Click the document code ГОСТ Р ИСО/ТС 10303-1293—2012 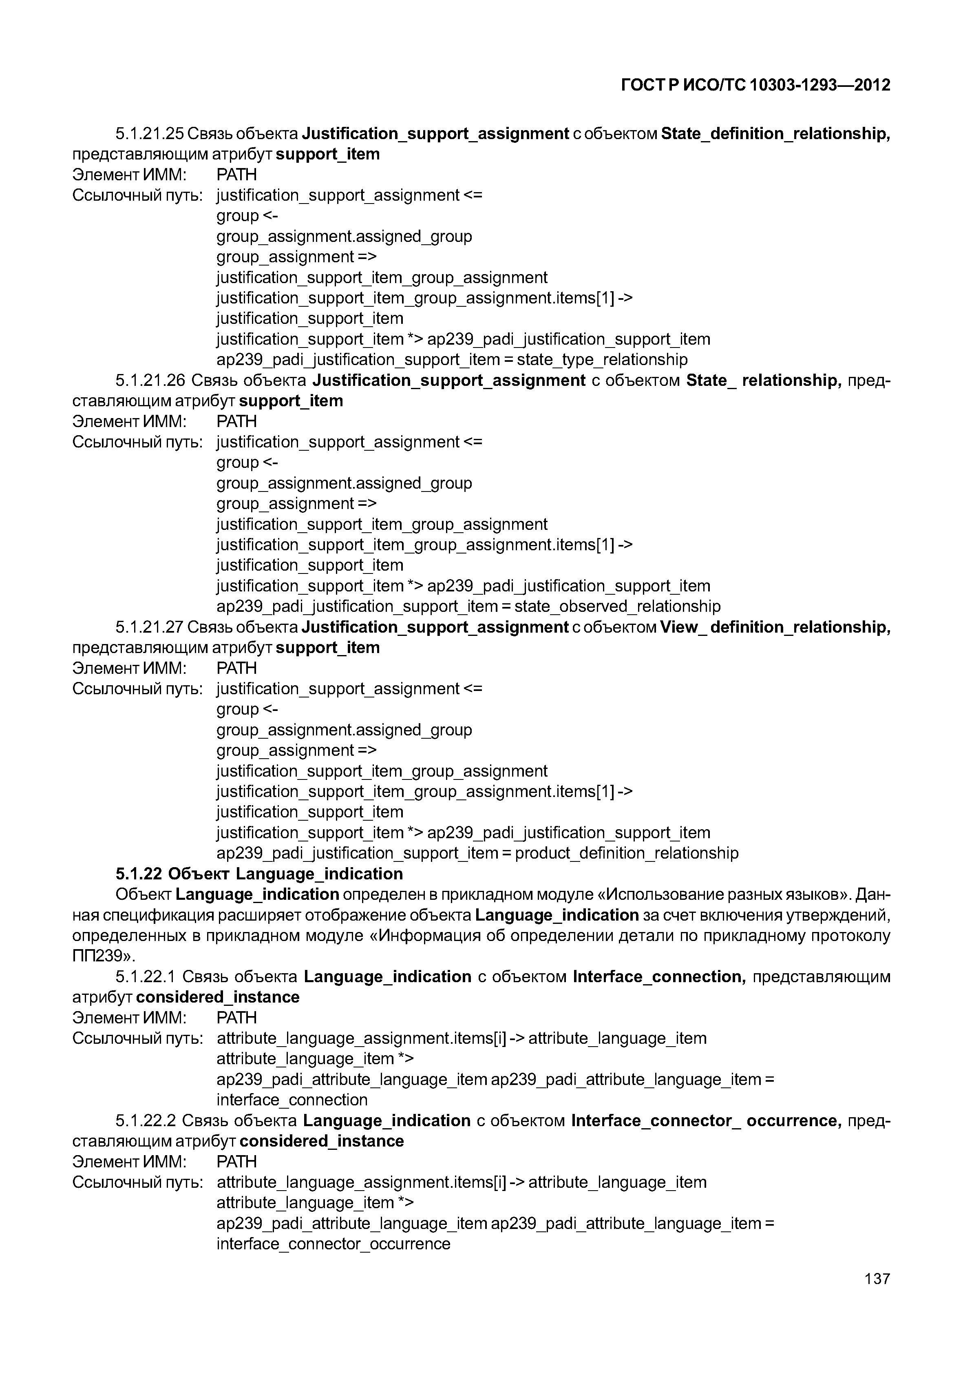(x=755, y=85)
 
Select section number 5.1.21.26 (x=150, y=380)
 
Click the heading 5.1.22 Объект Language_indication (x=259, y=874)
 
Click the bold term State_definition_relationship (x=775, y=133)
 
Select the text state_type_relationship (x=602, y=360)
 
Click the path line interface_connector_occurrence (x=333, y=1244)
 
